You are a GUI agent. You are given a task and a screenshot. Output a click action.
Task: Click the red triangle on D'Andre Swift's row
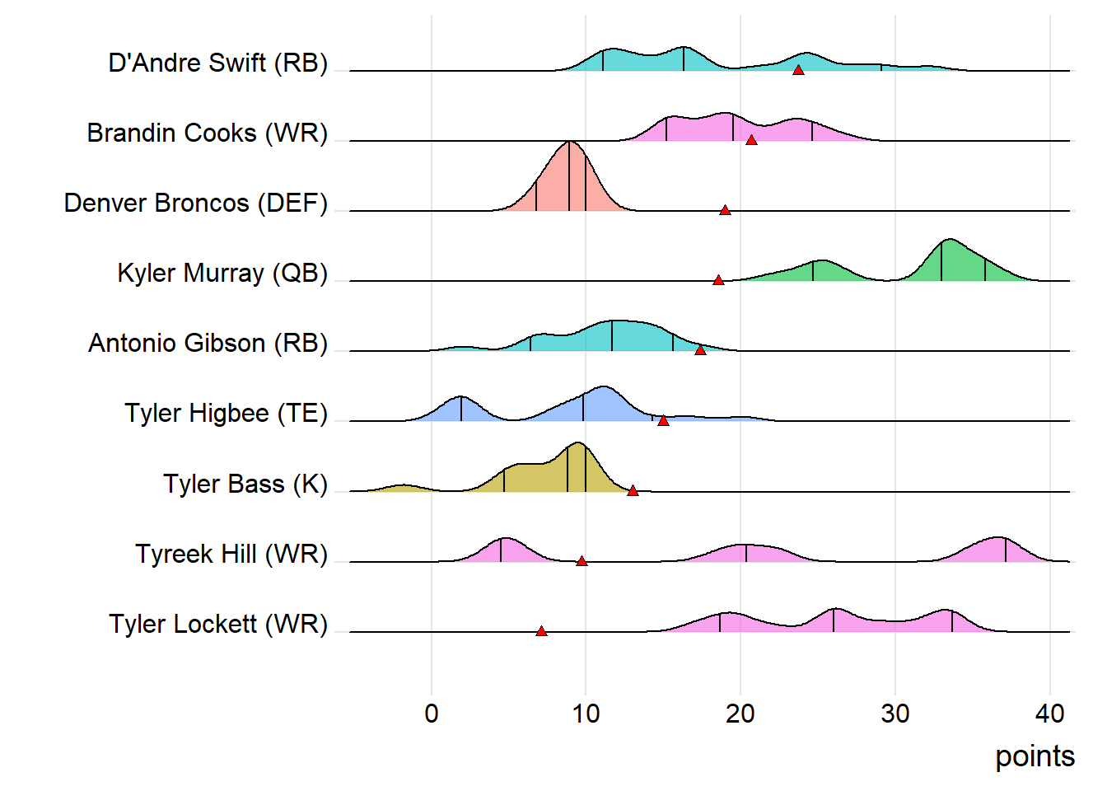tap(798, 70)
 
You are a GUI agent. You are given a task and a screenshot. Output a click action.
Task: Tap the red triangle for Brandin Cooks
tap(751, 140)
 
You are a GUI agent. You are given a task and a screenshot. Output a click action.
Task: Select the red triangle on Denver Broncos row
tap(725, 210)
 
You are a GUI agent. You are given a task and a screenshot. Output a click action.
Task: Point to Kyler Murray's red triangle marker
tap(718, 280)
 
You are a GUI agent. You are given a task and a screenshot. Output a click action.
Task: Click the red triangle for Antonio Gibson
tap(700, 350)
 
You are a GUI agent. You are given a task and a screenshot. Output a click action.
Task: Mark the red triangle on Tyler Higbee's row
tap(663, 420)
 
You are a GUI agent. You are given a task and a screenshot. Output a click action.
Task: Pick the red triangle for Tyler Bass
tap(633, 491)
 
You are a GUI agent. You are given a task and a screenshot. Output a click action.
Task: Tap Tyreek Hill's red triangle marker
tap(582, 561)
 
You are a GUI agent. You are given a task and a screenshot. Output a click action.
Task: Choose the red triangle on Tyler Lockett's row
tap(541, 631)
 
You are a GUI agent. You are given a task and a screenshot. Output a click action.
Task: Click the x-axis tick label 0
tap(432, 714)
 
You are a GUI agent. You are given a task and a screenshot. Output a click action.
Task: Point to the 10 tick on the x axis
tap(586, 714)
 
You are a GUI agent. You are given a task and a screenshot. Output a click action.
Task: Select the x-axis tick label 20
tap(740, 714)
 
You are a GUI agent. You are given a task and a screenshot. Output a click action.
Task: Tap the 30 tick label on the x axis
tap(895, 714)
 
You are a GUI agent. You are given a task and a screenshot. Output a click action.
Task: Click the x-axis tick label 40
tap(1050, 714)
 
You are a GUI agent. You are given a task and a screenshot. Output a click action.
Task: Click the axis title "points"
tap(1035, 756)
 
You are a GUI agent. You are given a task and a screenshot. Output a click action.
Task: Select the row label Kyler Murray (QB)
tap(222, 273)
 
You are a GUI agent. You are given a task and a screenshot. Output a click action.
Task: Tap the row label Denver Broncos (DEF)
tap(196, 203)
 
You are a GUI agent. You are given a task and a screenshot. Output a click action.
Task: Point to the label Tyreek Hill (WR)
tap(231, 554)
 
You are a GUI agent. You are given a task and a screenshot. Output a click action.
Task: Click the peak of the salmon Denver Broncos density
tap(570, 143)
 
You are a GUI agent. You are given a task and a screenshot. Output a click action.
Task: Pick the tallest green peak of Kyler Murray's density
tap(950, 240)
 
